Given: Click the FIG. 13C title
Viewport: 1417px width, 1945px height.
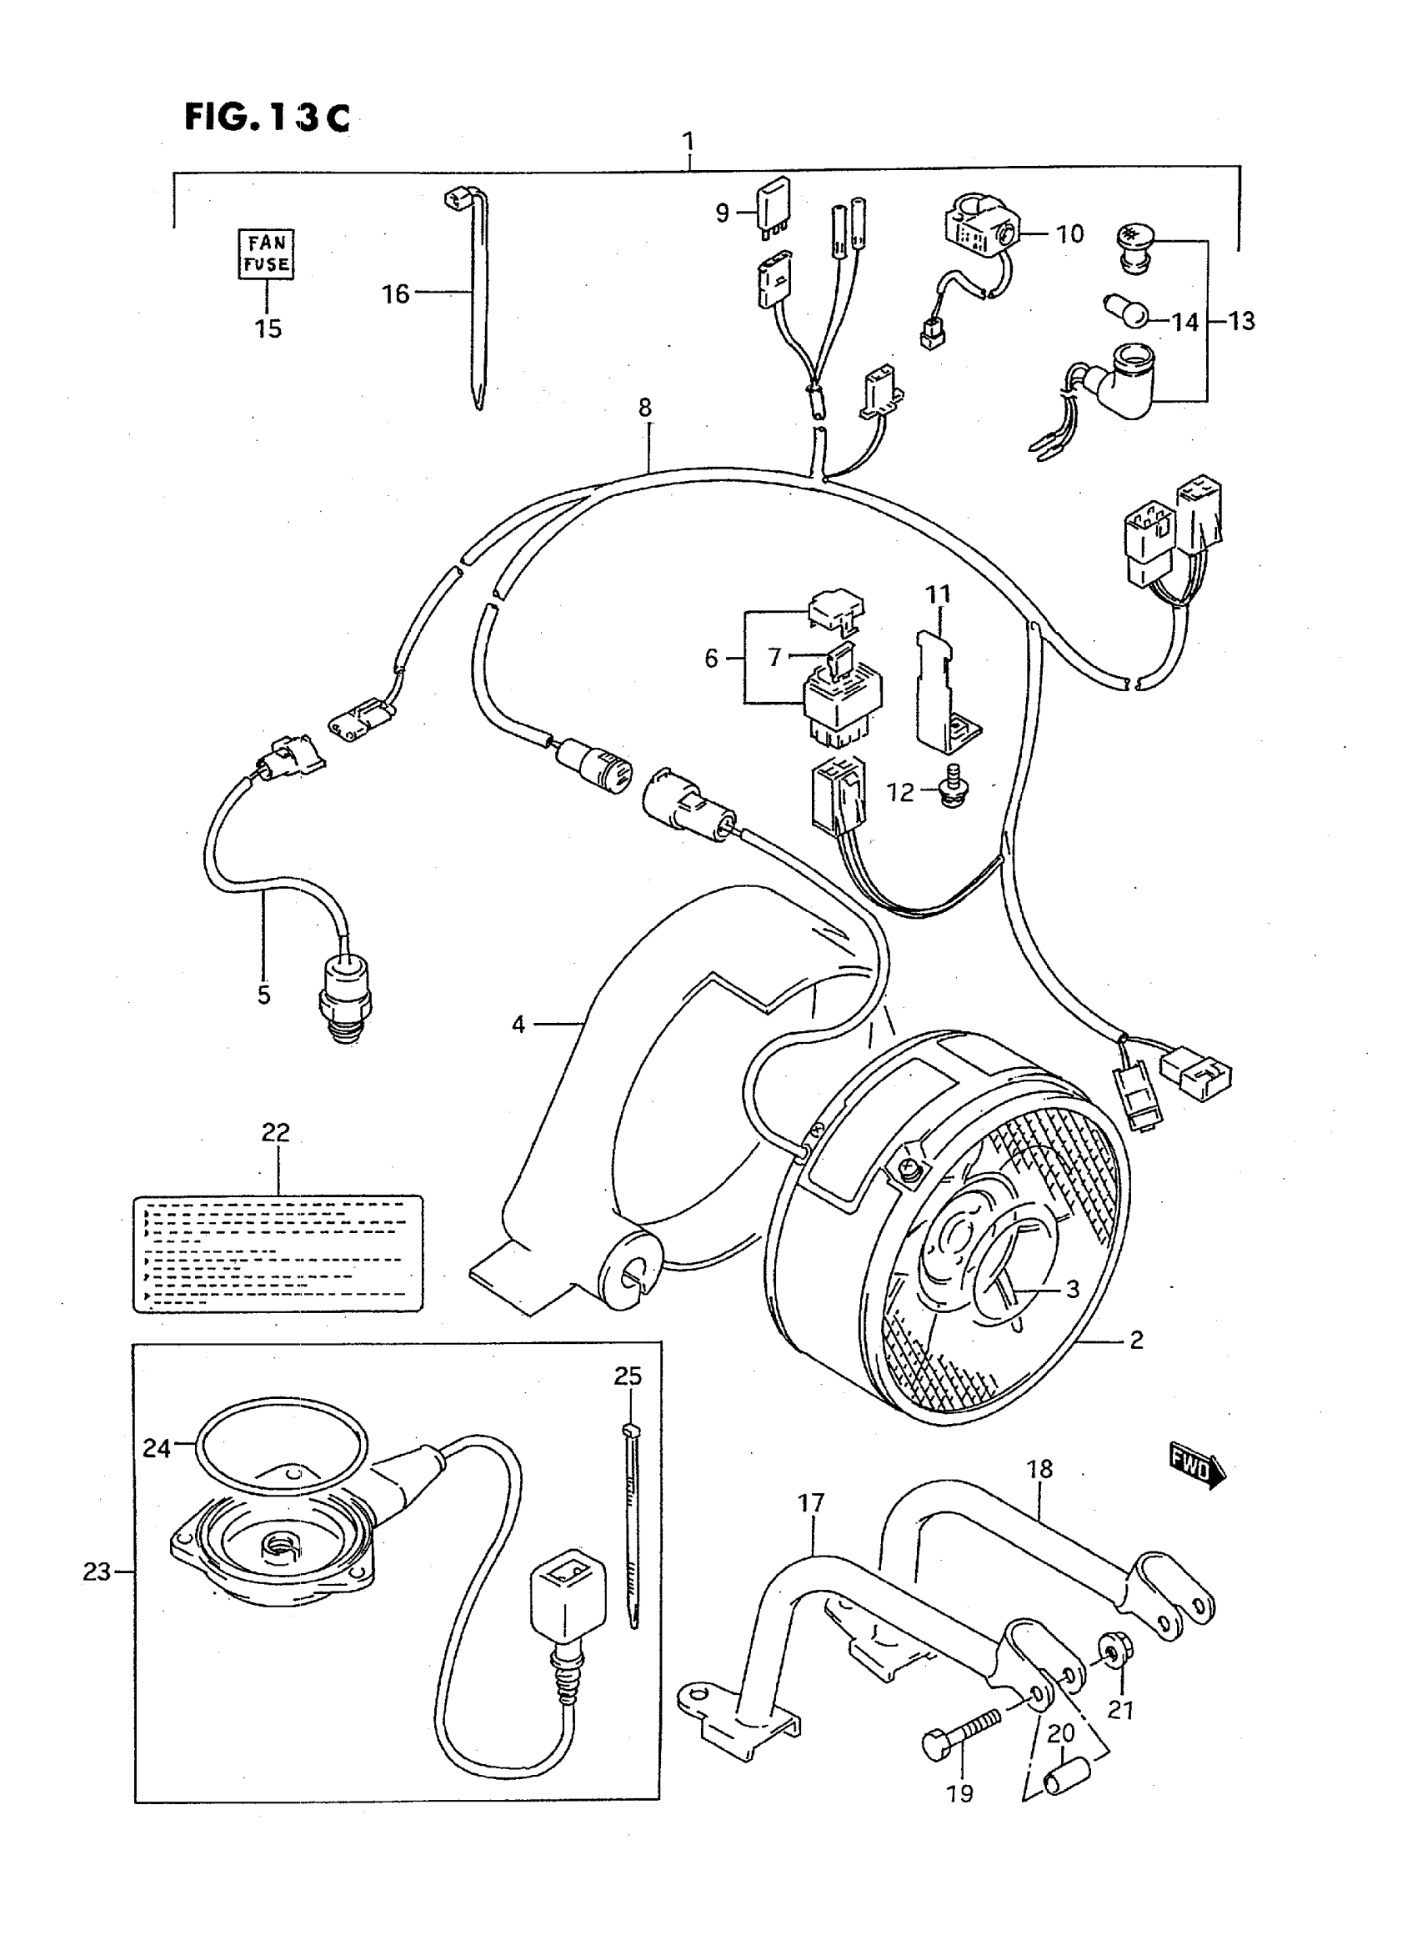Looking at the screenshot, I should (x=268, y=118).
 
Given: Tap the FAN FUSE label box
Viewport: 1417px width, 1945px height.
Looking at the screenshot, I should (x=266, y=254).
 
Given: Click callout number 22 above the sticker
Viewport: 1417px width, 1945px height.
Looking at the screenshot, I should (x=275, y=1133).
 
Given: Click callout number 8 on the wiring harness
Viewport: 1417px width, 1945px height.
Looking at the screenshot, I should (x=645, y=408).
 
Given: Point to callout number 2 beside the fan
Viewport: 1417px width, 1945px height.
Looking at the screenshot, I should (x=1135, y=1339).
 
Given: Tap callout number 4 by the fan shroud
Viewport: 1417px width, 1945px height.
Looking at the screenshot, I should (x=518, y=1024).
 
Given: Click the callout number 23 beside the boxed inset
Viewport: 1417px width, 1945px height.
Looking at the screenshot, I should (x=96, y=1572).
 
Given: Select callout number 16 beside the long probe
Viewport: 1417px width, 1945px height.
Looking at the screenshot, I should (x=394, y=294).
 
